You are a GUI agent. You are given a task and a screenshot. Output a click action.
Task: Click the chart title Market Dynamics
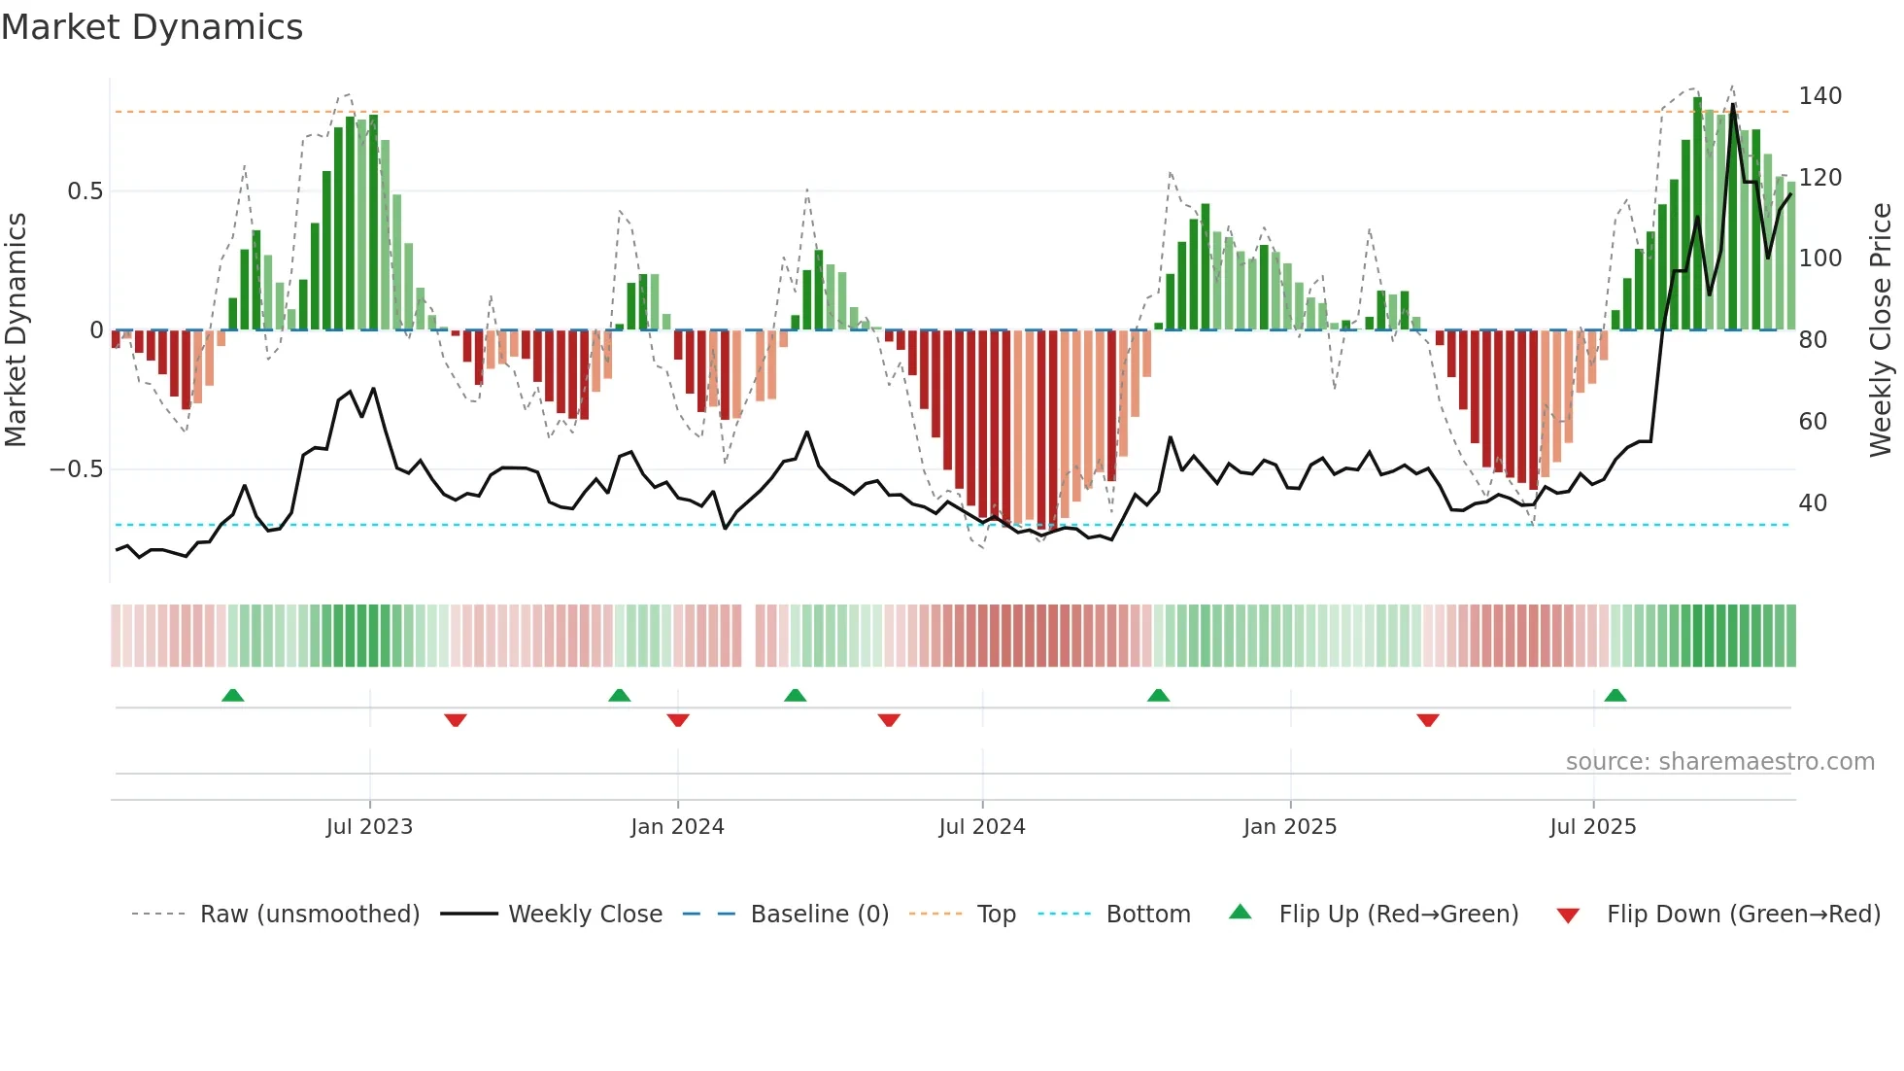[152, 27]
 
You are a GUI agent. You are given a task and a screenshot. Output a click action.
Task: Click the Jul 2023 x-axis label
[369, 827]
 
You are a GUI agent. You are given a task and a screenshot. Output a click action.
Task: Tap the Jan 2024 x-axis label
[677, 827]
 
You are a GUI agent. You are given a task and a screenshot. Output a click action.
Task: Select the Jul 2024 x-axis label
[982, 827]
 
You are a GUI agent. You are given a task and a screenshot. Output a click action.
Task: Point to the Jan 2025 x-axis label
[1290, 827]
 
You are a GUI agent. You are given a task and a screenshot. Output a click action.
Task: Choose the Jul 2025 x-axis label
[1593, 827]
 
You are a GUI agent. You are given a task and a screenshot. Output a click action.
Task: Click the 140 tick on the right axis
[1820, 96]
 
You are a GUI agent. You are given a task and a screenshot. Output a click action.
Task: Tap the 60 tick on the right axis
[1813, 422]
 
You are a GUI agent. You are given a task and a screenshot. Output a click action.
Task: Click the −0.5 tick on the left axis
[77, 469]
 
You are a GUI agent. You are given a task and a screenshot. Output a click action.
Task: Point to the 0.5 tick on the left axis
[85, 191]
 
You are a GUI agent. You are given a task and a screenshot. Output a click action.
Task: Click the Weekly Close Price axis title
[1881, 330]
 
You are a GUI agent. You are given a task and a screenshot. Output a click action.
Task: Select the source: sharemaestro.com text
[1719, 762]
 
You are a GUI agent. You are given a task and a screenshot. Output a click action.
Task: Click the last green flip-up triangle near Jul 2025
[1615, 696]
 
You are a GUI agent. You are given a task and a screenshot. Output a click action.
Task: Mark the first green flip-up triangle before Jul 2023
[232, 696]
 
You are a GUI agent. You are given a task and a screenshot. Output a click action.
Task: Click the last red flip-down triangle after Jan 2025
[1428, 720]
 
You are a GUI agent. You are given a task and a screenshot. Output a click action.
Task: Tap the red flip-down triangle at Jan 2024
[678, 720]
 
